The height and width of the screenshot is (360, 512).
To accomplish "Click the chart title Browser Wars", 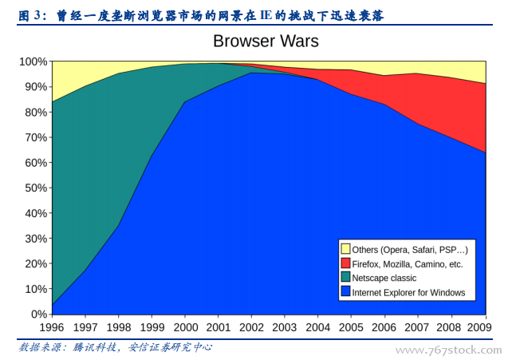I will (266, 41).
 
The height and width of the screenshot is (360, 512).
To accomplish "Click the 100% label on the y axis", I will (33, 61).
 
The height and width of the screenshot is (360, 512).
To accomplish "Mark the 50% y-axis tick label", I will (35, 188).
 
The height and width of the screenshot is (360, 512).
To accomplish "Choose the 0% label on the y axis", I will (38, 314).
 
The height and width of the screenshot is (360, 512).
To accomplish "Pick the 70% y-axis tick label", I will (35, 137).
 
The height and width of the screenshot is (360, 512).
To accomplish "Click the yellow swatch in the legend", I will (345, 249).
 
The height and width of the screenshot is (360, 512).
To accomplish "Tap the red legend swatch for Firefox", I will (345, 263).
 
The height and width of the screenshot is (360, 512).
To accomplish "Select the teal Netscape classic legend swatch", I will (345, 278).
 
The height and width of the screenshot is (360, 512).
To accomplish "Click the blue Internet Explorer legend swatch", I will (345, 292).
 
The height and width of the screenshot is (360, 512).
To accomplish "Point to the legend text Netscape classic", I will (384, 278).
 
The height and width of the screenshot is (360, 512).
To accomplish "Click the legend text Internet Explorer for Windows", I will (408, 292).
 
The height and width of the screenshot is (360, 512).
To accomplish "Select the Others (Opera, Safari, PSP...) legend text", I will (409, 249).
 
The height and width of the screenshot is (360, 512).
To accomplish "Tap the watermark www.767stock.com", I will (449, 350).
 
